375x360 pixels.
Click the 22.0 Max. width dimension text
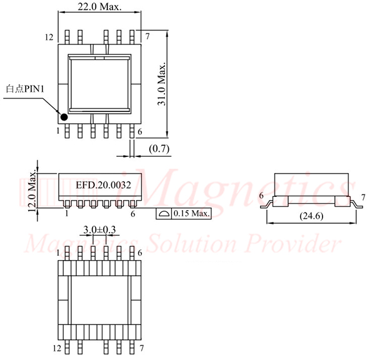point(99,6)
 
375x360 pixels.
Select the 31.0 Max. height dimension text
point(162,84)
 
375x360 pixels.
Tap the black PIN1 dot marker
point(64,117)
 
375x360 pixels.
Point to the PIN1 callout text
point(25,89)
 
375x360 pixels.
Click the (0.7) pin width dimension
point(159,149)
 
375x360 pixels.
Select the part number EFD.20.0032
point(103,185)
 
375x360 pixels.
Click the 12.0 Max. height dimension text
point(32,191)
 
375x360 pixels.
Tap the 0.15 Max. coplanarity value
point(192,213)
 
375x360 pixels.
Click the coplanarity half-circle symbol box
point(164,214)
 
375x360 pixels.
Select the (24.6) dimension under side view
point(311,216)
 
